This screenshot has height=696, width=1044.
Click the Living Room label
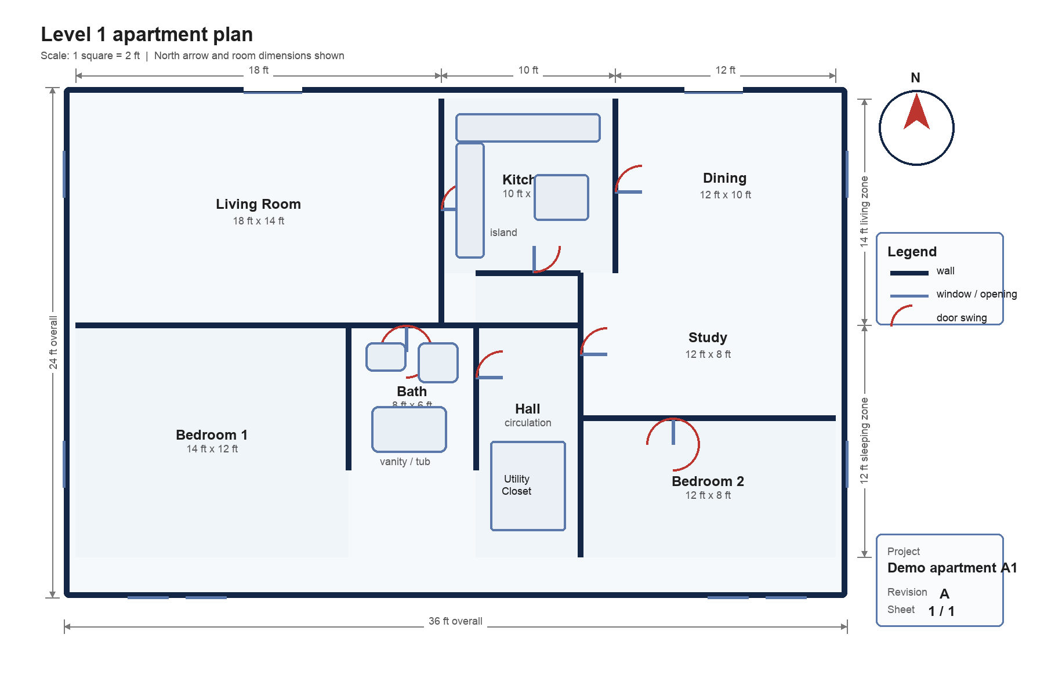point(258,204)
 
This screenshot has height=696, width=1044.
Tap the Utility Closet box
point(528,486)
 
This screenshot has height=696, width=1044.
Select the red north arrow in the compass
point(916,113)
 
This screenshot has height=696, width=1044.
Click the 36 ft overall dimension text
point(455,621)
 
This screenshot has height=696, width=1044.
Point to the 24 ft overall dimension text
point(53,342)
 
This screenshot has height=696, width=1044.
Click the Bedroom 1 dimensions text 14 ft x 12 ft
point(212,449)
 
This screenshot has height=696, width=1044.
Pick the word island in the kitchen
point(503,233)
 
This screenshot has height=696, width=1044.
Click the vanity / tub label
point(405,462)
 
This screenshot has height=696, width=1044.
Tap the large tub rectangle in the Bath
point(409,429)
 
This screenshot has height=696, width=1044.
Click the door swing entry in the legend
point(961,318)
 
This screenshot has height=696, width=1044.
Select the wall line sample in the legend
point(909,273)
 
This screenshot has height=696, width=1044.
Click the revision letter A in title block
point(944,594)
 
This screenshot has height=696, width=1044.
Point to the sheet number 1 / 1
point(941,611)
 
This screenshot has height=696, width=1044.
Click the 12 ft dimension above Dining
point(725,70)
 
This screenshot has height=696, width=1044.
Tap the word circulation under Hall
point(528,423)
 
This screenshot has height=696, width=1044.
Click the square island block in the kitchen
point(561,198)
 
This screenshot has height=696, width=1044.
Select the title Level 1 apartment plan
point(147,35)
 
